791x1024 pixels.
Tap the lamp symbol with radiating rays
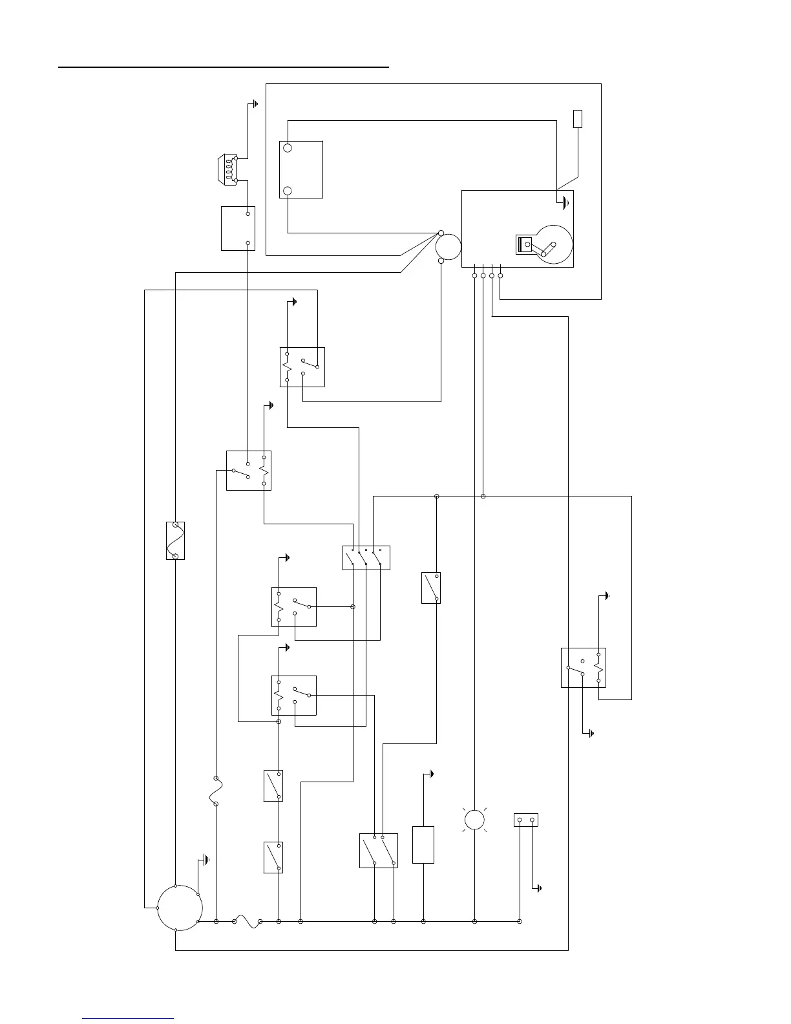[474, 820]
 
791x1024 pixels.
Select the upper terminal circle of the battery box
[288, 148]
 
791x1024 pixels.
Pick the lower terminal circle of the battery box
[288, 191]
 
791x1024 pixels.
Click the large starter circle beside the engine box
[448, 247]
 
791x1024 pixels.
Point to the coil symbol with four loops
[229, 167]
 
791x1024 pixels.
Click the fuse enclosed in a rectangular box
[175, 540]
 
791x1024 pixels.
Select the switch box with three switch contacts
[366, 558]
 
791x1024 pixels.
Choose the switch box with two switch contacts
[378, 850]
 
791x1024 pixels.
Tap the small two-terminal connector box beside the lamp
[525, 820]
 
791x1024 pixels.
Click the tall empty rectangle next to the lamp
[423, 844]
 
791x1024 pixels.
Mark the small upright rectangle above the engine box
[578, 118]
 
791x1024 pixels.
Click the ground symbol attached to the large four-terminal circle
[205, 860]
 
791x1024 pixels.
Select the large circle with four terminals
[180, 908]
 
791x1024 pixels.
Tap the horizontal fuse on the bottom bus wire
[248, 921]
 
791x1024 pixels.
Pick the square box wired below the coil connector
[238, 228]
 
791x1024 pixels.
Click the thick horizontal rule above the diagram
[224, 66]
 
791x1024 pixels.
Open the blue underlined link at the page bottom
[128, 1018]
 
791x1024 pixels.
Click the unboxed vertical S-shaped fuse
[216, 791]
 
